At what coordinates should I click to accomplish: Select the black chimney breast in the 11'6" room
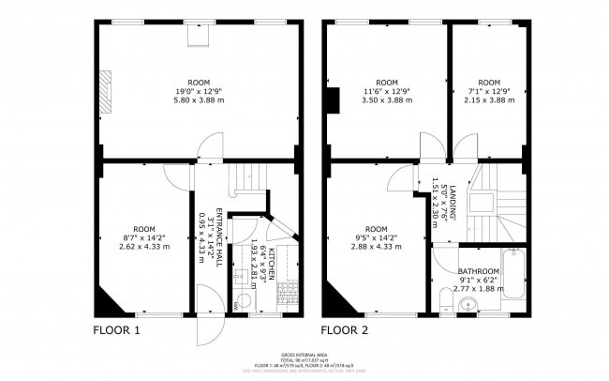coord(331,98)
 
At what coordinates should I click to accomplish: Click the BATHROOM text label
coord(478,270)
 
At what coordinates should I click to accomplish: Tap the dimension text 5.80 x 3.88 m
coord(197,99)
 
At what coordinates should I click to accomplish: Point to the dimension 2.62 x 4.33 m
coord(144,247)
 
